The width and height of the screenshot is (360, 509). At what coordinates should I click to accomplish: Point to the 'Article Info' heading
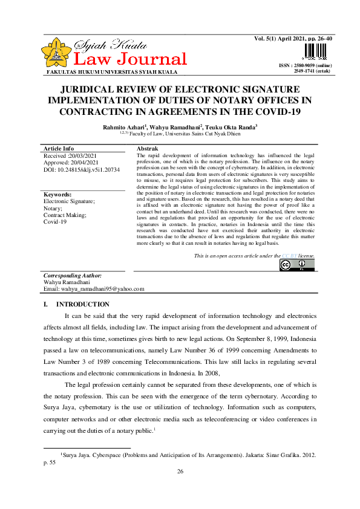coord(59,148)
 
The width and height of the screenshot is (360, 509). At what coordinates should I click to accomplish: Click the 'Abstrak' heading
coord(148,148)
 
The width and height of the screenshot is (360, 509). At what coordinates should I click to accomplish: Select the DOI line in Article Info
coord(82,170)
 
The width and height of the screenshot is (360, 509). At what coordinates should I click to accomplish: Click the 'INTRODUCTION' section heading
coord(82,304)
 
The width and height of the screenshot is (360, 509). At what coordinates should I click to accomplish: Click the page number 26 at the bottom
coord(180,472)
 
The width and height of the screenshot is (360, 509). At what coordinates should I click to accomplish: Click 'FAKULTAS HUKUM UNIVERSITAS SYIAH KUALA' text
coord(104,72)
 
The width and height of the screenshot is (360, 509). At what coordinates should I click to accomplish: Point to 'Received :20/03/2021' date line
coord(71,156)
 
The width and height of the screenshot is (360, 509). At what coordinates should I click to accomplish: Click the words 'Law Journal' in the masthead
coord(129,59)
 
